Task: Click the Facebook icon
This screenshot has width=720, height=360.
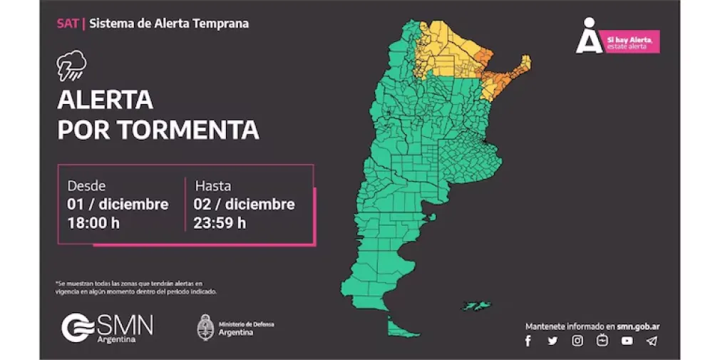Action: click(528, 341)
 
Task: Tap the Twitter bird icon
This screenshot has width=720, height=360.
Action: click(552, 341)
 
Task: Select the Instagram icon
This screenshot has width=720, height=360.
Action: click(577, 341)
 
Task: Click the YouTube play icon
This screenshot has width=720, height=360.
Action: click(627, 341)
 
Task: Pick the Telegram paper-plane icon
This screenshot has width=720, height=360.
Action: click(652, 341)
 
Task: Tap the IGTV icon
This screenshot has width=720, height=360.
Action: click(602, 341)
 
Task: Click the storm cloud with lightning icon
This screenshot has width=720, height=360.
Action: click(71, 65)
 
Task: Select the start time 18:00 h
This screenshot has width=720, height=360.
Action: click(94, 222)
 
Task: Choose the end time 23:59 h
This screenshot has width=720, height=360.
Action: click(220, 222)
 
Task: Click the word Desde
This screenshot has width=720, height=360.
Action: click(86, 186)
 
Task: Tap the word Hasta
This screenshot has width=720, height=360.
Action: click(213, 186)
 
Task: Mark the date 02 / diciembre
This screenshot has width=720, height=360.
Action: click(245, 204)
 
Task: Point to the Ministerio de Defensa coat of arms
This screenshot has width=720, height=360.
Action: click(206, 327)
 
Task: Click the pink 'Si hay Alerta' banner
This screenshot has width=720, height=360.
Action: click(632, 42)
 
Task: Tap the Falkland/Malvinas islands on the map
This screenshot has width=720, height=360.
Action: click(475, 305)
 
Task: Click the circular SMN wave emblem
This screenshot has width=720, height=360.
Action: click(76, 328)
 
